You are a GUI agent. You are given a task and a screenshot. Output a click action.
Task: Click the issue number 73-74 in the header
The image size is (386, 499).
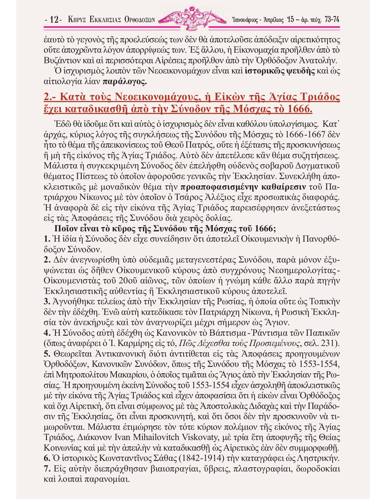[332, 20]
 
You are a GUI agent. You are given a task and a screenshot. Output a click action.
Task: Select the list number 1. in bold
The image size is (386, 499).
[47, 239]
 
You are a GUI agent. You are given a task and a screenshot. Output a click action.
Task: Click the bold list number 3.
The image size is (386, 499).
[47, 302]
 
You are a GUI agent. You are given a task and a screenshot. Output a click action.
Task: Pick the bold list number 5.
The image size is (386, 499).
[47, 354]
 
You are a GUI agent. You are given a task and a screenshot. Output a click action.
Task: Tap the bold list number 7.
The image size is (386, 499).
[47, 469]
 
